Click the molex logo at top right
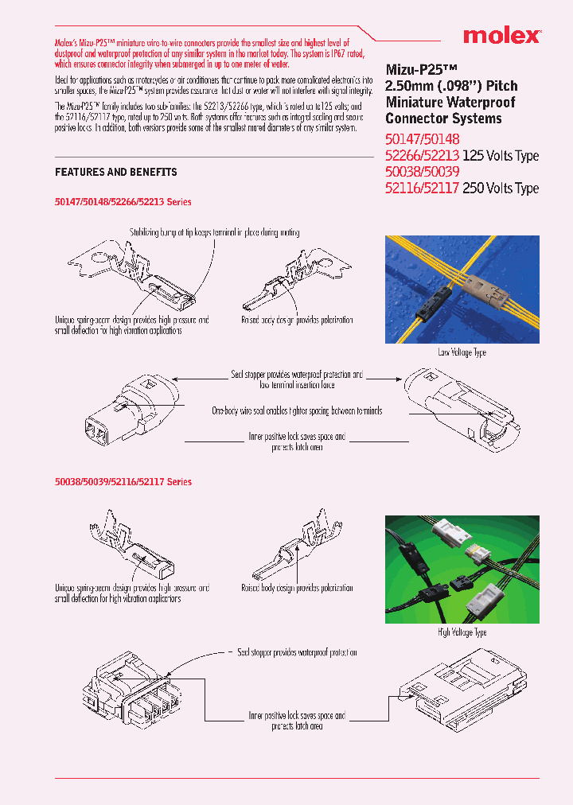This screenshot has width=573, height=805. pos(502,36)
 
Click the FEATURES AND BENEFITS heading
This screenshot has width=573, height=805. pos(116,172)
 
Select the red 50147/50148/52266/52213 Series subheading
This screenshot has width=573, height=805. pos(123,202)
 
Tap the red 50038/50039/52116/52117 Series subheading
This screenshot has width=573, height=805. pos(123,481)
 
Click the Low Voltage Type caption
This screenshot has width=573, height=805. pos(462,352)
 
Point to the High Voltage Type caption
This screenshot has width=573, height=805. pos(462,632)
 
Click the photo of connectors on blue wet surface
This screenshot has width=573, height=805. pos(462,290)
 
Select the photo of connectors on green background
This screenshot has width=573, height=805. pos(462,570)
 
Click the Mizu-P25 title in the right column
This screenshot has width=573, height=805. pos(419,68)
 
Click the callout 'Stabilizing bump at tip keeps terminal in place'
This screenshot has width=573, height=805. pos(215,232)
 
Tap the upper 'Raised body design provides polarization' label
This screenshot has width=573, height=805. pos(297,320)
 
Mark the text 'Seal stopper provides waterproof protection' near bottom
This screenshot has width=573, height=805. pos(297,652)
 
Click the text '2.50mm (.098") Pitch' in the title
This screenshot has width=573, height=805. pos(451,86)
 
